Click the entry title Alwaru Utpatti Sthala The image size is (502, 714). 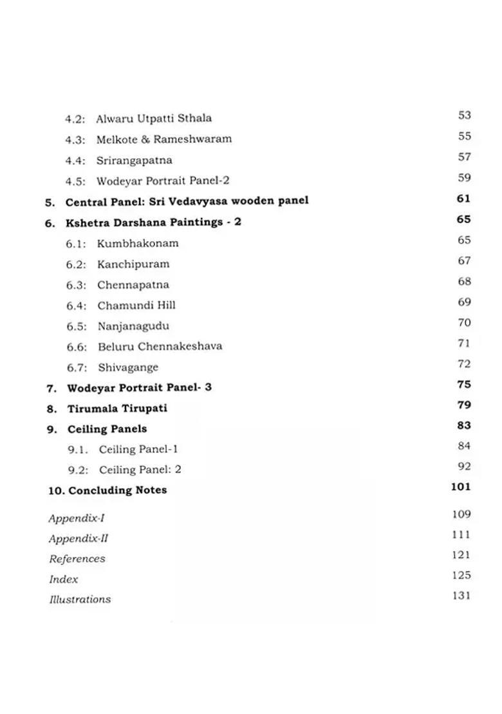point(154,119)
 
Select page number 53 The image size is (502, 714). point(465,115)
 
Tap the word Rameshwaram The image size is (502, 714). point(192,139)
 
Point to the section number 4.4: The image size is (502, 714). point(75,160)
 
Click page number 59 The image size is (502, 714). point(465,178)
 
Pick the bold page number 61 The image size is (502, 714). point(464,198)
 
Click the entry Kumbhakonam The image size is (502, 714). point(138,244)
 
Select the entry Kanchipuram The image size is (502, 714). point(133,264)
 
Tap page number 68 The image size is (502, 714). point(465,282)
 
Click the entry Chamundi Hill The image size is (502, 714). point(136,305)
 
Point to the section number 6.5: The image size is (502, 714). point(77,326)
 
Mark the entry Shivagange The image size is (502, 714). point(128,368)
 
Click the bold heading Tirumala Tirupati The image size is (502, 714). point(117,409)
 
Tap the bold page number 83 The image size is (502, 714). point(464,425)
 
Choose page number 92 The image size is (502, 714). point(465,467)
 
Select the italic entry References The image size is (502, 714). point(77,559)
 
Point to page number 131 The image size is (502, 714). point(461,596)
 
